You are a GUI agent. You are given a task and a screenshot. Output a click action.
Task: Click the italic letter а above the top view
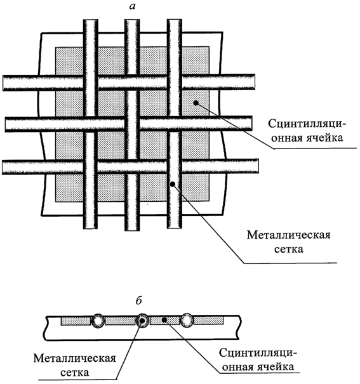(132, 6)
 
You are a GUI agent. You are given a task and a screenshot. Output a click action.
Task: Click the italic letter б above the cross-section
(138, 300)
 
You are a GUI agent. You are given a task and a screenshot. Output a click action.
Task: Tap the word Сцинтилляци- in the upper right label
(307, 123)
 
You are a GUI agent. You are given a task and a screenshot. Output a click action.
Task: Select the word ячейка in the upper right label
(324, 138)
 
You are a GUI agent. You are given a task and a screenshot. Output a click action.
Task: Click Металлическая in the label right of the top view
(288, 235)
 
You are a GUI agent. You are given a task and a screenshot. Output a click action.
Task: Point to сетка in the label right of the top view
(288, 249)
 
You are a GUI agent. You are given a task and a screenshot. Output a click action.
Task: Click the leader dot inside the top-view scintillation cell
(196, 103)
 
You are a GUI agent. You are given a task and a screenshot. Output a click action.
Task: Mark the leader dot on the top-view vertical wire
(173, 184)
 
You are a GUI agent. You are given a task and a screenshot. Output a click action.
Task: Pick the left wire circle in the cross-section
(98, 321)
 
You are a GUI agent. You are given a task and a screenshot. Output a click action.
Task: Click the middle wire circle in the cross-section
(142, 321)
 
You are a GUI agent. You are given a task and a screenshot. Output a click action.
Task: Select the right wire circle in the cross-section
(187, 321)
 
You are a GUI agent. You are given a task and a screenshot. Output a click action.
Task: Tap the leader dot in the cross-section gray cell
(165, 320)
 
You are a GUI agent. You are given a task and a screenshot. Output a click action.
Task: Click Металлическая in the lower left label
(75, 359)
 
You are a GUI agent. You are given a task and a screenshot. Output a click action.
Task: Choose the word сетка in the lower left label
(75, 373)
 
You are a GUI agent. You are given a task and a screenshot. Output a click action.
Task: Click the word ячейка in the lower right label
(276, 367)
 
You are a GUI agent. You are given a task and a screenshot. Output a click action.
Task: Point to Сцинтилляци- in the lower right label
(258, 353)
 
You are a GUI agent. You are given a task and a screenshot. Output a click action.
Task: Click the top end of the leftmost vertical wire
(90, 20)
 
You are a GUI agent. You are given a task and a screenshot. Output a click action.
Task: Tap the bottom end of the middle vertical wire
(132, 230)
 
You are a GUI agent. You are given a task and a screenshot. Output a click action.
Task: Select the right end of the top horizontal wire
(254, 82)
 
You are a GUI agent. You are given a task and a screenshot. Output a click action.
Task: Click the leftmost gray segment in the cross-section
(76, 321)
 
